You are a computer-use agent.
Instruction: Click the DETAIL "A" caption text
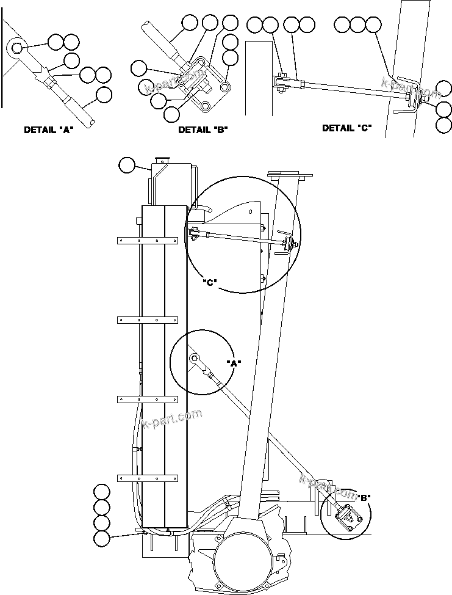pyautogui.click(x=48, y=130)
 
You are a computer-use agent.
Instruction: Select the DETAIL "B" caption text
pyautogui.click(x=203, y=130)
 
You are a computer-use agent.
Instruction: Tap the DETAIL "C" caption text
pyautogui.click(x=346, y=128)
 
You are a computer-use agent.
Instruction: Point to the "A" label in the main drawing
pyautogui.click(x=234, y=363)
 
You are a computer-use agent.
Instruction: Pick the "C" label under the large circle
pyautogui.click(x=210, y=283)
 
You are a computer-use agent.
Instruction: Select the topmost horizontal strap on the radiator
pyautogui.click(x=147, y=241)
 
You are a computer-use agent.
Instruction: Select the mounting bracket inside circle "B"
pyautogui.click(x=347, y=516)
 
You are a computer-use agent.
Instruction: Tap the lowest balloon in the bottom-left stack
pyautogui.click(x=101, y=538)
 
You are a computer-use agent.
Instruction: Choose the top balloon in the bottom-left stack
pyautogui.click(x=101, y=491)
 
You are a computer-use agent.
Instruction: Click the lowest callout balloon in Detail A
pyautogui.click(x=104, y=95)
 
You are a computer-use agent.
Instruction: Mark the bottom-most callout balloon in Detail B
pyautogui.click(x=172, y=113)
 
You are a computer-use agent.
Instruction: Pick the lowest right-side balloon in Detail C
pyautogui.click(x=444, y=125)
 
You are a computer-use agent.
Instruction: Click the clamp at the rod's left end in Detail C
pyautogui.click(x=281, y=84)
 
